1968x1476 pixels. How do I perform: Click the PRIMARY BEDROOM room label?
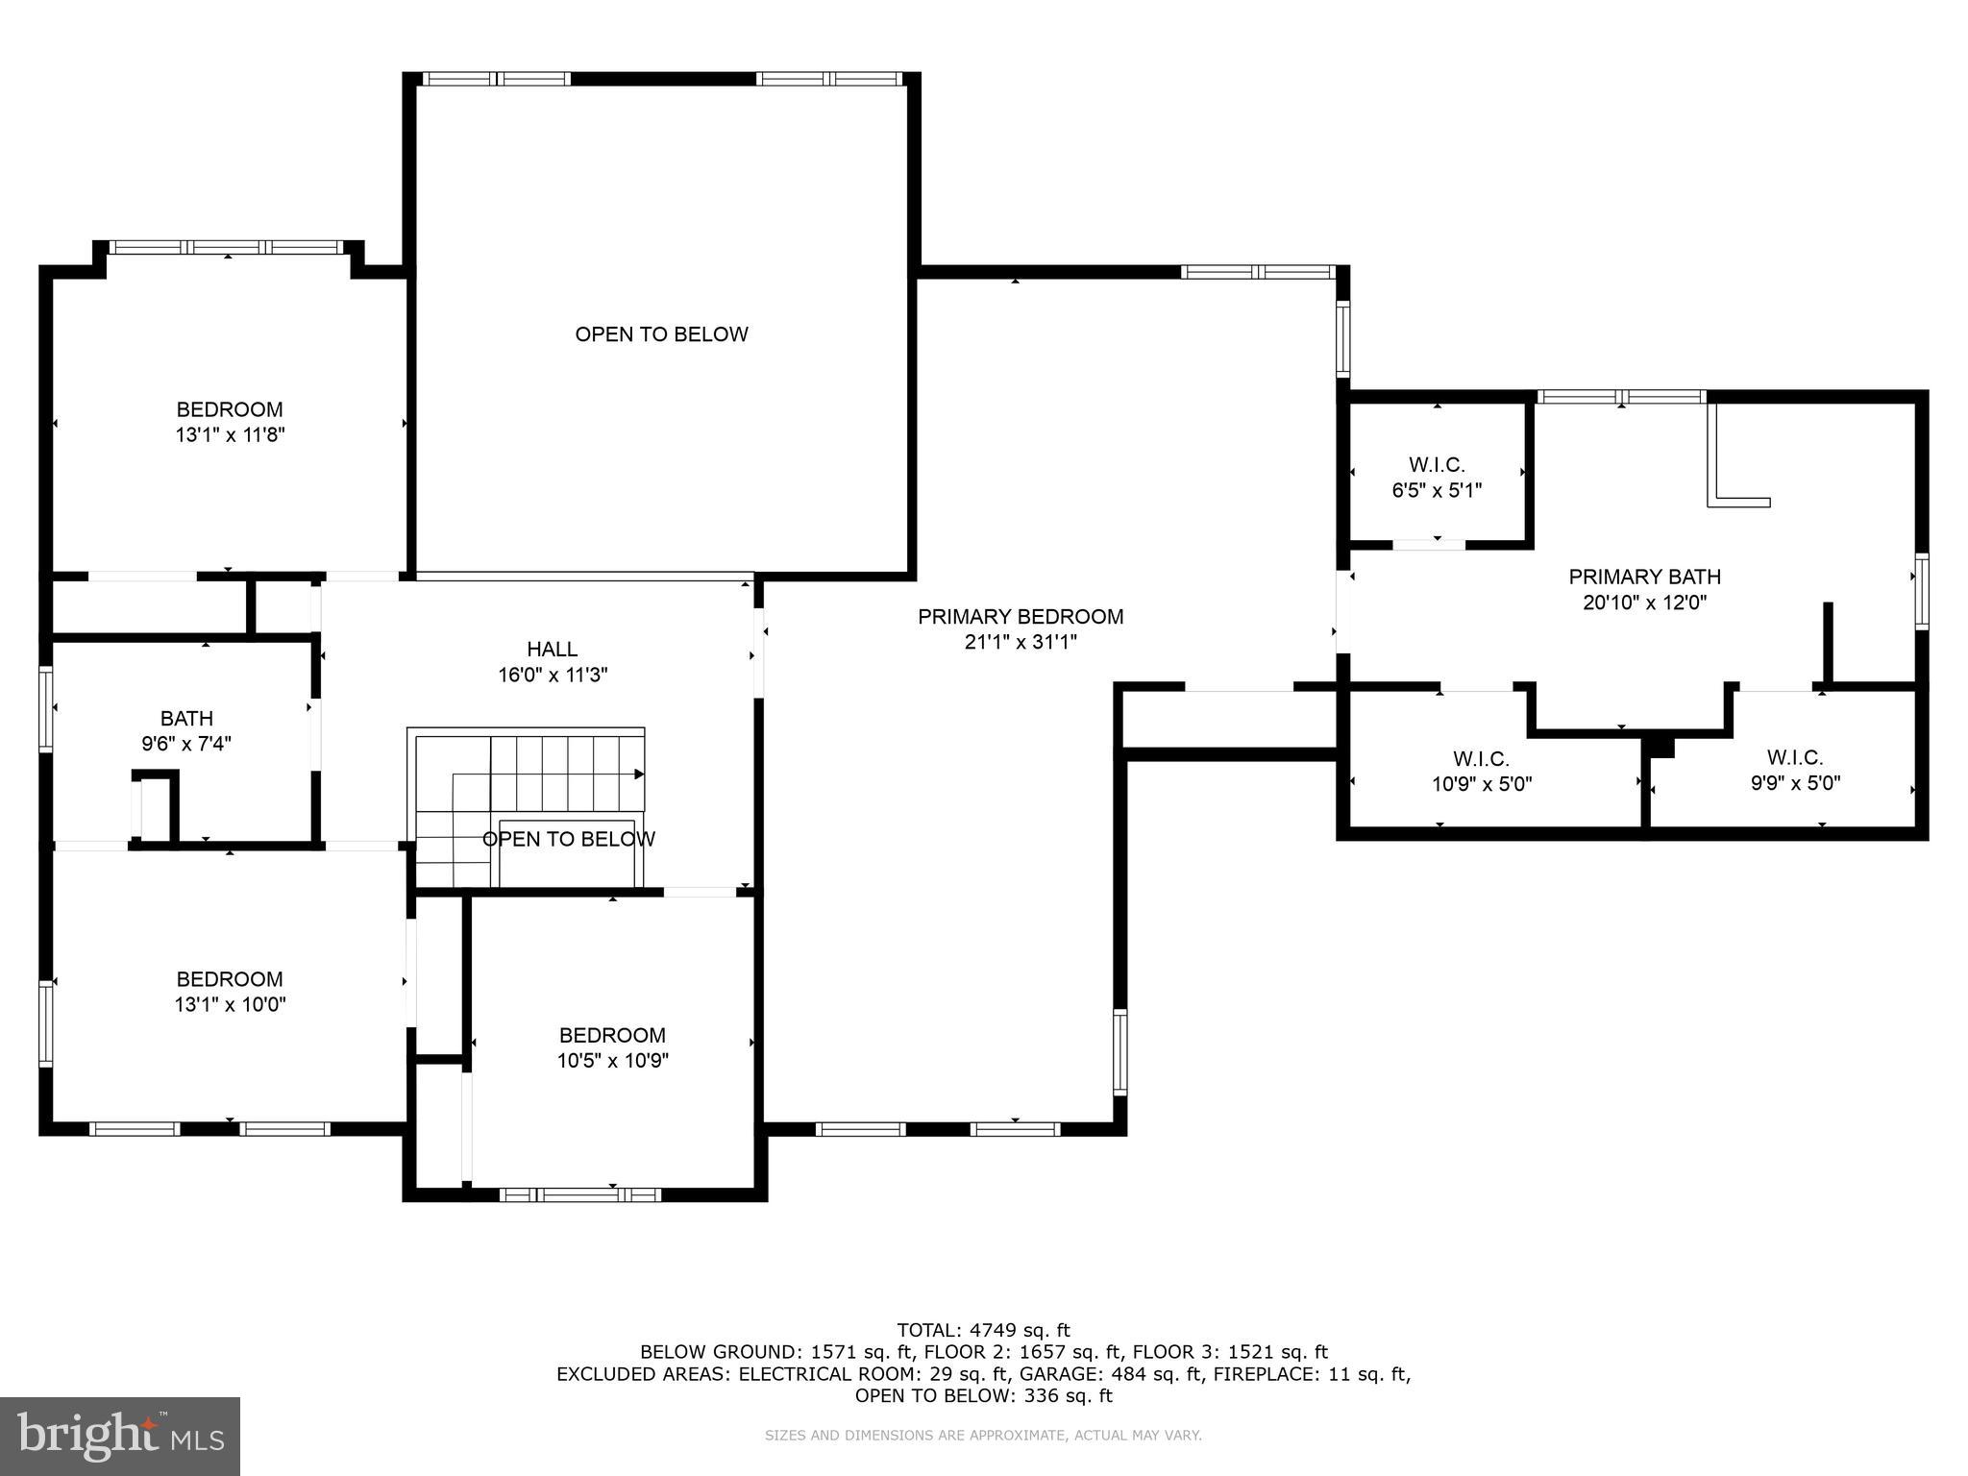(x=1021, y=617)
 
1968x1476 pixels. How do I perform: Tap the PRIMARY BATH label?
(x=1644, y=577)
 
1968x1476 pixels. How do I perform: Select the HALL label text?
(x=553, y=650)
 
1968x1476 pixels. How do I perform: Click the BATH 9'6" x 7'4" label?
(x=186, y=730)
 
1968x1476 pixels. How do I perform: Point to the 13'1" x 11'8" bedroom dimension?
(x=230, y=435)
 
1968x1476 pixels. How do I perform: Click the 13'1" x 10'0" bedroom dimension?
(x=231, y=1005)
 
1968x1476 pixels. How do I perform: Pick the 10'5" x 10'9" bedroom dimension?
(x=613, y=1061)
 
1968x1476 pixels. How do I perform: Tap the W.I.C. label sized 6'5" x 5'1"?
(x=1437, y=478)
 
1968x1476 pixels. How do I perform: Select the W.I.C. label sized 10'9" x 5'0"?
(x=1482, y=772)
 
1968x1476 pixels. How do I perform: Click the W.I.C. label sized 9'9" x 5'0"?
(x=1795, y=770)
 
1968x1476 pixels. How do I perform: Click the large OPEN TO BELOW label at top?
(x=661, y=334)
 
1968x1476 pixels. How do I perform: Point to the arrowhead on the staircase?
(x=639, y=774)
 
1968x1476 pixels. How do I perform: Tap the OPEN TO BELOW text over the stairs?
(x=569, y=839)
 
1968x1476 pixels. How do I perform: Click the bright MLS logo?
(x=120, y=1437)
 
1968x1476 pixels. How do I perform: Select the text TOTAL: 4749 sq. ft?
(x=983, y=1331)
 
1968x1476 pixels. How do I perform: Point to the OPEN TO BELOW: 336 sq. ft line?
(x=984, y=1395)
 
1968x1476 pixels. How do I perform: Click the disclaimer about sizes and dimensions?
(x=983, y=1436)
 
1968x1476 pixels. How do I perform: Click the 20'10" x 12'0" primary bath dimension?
(x=1644, y=603)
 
